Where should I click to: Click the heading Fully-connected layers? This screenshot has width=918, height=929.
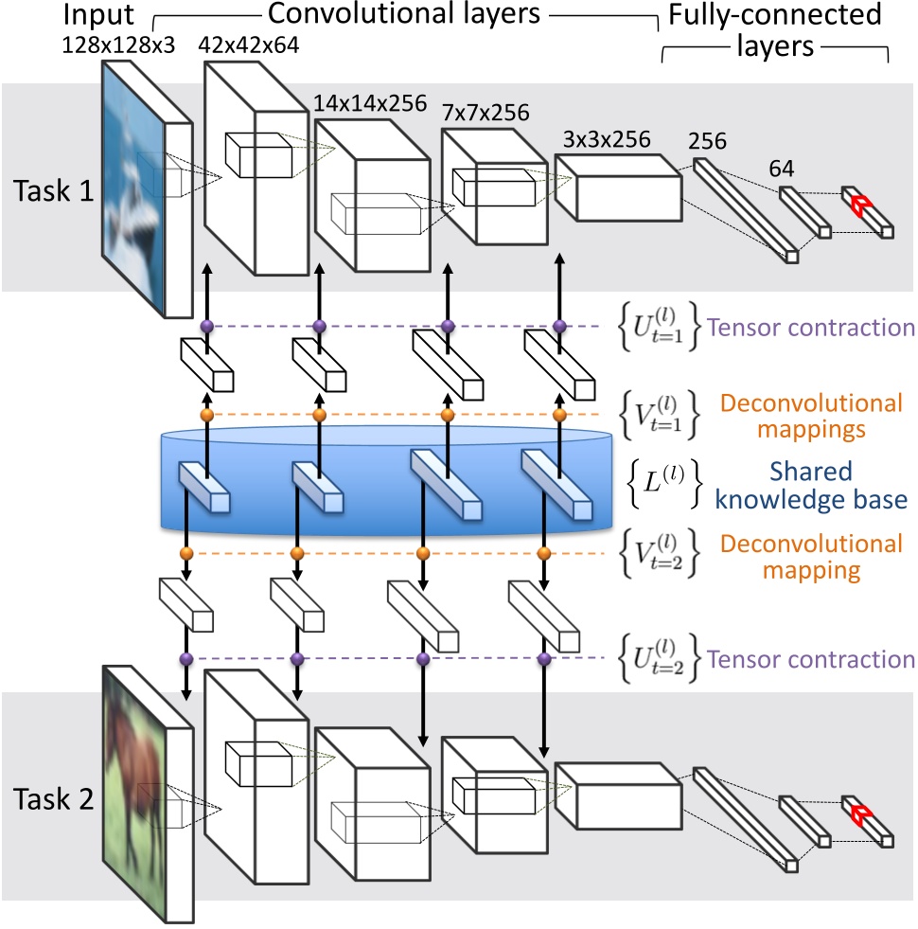774,30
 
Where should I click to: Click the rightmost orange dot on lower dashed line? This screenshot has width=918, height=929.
543,554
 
